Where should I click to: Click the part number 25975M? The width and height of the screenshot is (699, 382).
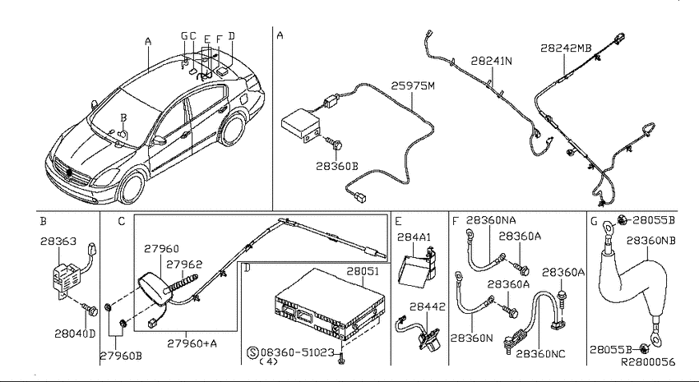click(412, 85)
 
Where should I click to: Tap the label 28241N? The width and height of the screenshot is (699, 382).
click(491, 61)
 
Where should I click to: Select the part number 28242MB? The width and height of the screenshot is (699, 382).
click(566, 48)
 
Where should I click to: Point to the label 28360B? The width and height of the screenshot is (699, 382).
click(337, 166)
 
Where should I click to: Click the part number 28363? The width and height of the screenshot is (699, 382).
click(58, 241)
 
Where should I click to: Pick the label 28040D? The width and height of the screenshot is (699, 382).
click(75, 334)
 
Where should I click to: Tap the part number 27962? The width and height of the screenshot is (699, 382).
click(184, 264)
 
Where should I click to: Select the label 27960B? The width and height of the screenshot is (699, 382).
click(120, 356)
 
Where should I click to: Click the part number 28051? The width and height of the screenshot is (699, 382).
click(363, 271)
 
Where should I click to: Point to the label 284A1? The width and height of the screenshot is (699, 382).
click(414, 237)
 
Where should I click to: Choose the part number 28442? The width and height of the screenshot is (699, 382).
click(428, 306)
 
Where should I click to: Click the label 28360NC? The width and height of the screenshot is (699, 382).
click(540, 354)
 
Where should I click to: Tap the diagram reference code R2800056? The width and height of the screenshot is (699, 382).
click(648, 362)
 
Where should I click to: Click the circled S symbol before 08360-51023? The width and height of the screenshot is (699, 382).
click(252, 352)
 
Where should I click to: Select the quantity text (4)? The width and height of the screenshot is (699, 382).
click(268, 361)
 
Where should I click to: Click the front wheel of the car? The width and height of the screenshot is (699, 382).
click(132, 187)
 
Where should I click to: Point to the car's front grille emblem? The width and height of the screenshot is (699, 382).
click(69, 173)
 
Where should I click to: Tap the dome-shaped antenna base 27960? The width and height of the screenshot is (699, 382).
click(151, 289)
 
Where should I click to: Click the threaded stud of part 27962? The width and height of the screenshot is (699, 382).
click(182, 284)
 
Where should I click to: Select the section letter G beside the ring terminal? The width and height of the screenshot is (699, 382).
click(595, 221)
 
